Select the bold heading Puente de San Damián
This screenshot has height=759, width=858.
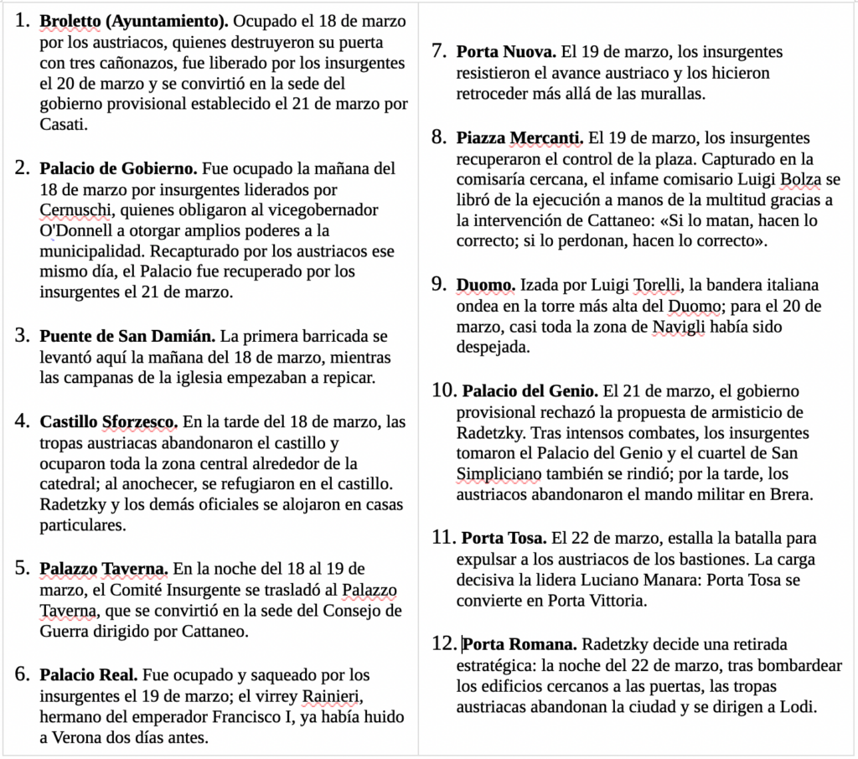(127, 337)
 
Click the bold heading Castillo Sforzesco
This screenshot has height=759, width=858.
(108, 421)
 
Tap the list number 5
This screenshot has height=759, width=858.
(23, 568)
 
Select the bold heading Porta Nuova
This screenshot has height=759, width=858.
(506, 52)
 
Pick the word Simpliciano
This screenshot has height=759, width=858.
(502, 474)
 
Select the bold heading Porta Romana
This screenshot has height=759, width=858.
(519, 644)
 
